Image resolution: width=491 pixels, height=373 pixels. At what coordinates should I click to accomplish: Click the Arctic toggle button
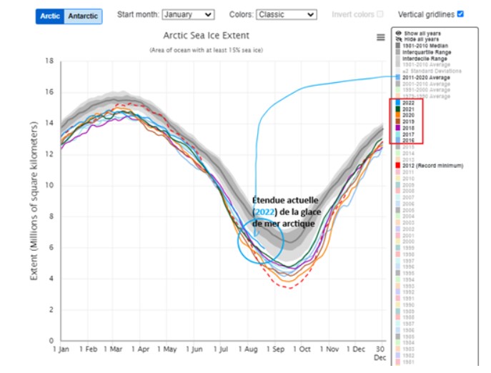pyautogui.click(x=50, y=16)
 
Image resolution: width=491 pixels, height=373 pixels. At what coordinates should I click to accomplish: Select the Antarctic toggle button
pyautogui.click(x=82, y=16)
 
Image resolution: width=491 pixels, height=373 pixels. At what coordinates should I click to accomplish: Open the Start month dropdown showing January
pyautogui.click(x=188, y=14)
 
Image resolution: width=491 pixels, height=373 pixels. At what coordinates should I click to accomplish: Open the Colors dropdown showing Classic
pyautogui.click(x=286, y=14)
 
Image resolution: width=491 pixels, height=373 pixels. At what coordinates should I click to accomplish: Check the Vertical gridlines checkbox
pyautogui.click(x=460, y=14)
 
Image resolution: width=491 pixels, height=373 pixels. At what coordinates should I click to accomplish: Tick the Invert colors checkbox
pyautogui.click(x=380, y=14)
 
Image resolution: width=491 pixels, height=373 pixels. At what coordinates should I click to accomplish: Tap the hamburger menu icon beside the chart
pyautogui.click(x=381, y=37)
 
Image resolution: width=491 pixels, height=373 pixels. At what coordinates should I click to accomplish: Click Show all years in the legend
pyautogui.click(x=422, y=33)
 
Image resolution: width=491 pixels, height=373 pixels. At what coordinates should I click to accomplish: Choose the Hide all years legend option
pyautogui.click(x=422, y=39)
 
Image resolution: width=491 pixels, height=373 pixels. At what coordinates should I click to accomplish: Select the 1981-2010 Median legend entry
pyautogui.click(x=425, y=46)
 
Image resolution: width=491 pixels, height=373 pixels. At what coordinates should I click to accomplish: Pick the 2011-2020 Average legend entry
pyautogui.click(x=427, y=77)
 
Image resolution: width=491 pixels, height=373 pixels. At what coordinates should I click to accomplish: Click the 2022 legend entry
pyautogui.click(x=410, y=103)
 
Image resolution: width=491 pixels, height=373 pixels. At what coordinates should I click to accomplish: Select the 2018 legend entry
pyautogui.click(x=410, y=128)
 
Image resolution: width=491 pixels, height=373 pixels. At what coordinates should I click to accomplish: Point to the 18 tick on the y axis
pyautogui.click(x=50, y=61)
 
